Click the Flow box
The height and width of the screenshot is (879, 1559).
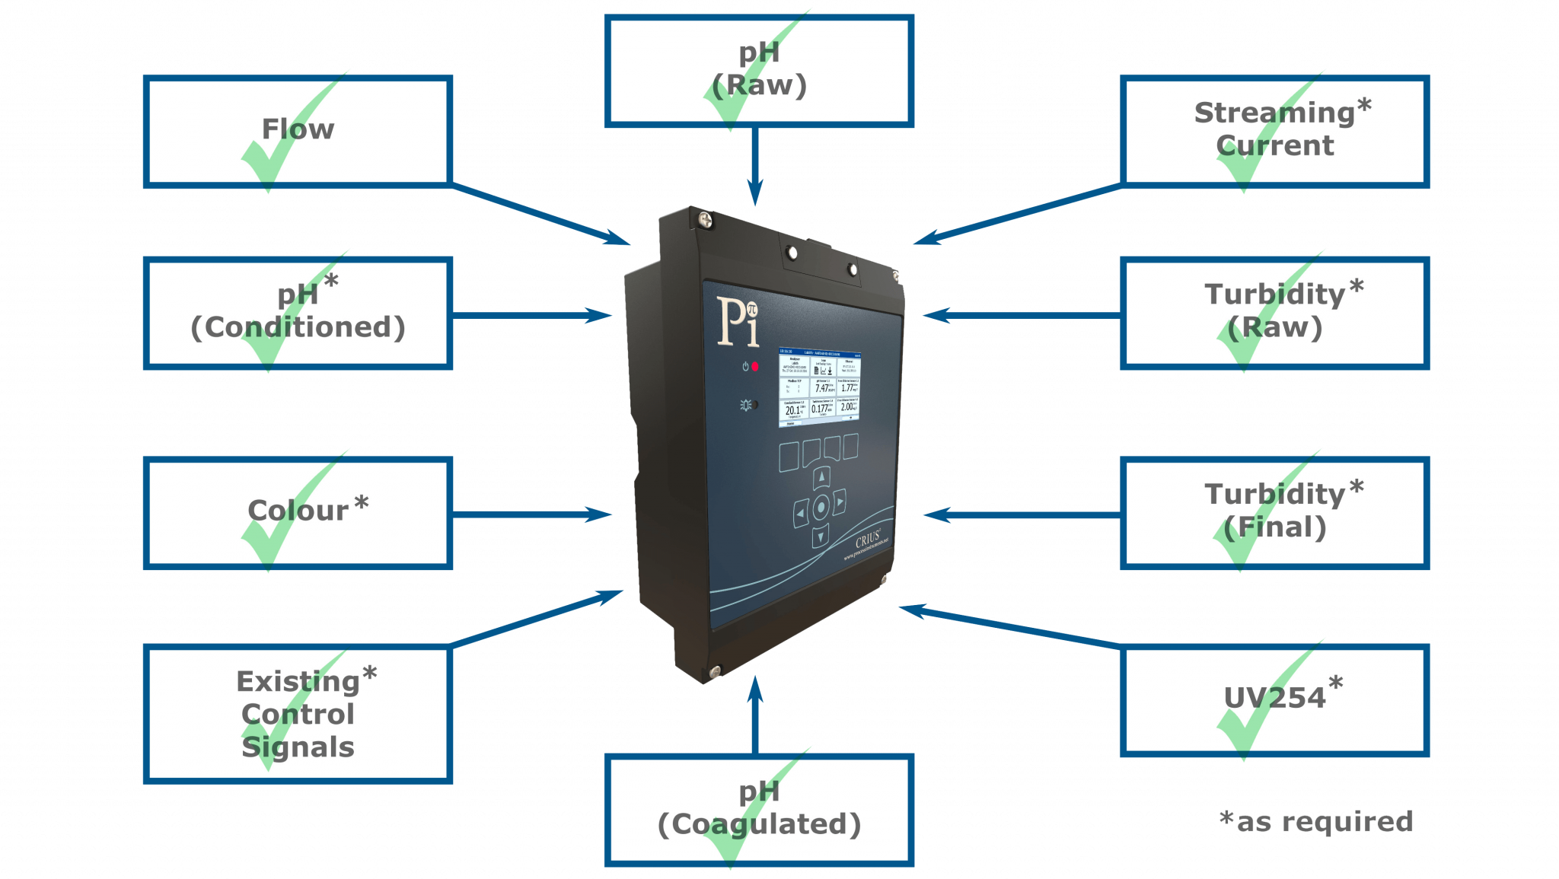point(298,131)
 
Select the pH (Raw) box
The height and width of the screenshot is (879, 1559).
point(759,70)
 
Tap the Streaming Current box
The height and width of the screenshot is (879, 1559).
point(1274,131)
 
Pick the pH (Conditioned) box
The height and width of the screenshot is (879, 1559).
point(298,313)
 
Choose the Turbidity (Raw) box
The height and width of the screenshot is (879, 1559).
point(1274,313)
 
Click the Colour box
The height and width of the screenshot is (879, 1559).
point(298,512)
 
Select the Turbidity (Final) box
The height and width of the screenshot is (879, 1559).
point(1274,512)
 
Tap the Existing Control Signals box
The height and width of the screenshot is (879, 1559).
point(298,714)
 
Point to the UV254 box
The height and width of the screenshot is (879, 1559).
point(1274,700)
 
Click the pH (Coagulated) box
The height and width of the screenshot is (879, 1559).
point(759,810)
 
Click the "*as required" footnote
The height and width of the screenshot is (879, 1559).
point(1316,822)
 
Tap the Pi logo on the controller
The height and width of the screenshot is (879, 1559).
point(738,321)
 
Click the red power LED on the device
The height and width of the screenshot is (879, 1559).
point(755,367)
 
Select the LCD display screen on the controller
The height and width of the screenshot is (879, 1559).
point(820,387)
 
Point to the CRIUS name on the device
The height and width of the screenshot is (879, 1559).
point(868,540)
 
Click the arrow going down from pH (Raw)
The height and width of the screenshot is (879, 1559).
point(755,167)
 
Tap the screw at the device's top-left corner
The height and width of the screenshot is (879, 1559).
point(706,220)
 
